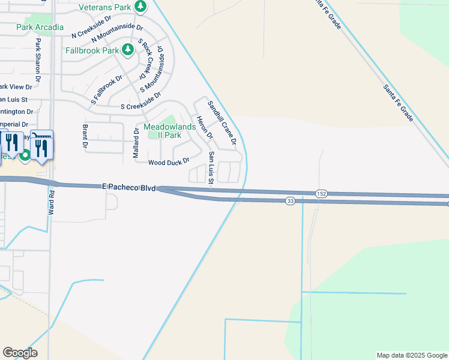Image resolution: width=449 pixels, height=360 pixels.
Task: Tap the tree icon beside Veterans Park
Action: [x=140, y=7]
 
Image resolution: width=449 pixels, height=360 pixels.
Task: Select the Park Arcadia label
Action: [x=40, y=27]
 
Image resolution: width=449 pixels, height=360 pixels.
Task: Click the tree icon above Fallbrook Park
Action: [x=127, y=49]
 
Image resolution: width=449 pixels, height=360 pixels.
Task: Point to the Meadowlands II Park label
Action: [x=161, y=131]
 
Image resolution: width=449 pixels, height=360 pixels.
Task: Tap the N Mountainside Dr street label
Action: [x=118, y=34]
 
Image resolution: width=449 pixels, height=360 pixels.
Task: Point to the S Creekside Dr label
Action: [x=140, y=101]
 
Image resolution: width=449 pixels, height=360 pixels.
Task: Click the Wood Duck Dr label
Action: [x=169, y=162]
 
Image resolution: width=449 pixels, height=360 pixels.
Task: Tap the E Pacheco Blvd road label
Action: [x=129, y=188]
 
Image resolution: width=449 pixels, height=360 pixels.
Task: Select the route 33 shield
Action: [x=290, y=202]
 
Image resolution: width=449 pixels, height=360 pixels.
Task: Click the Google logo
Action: [x=20, y=352]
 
